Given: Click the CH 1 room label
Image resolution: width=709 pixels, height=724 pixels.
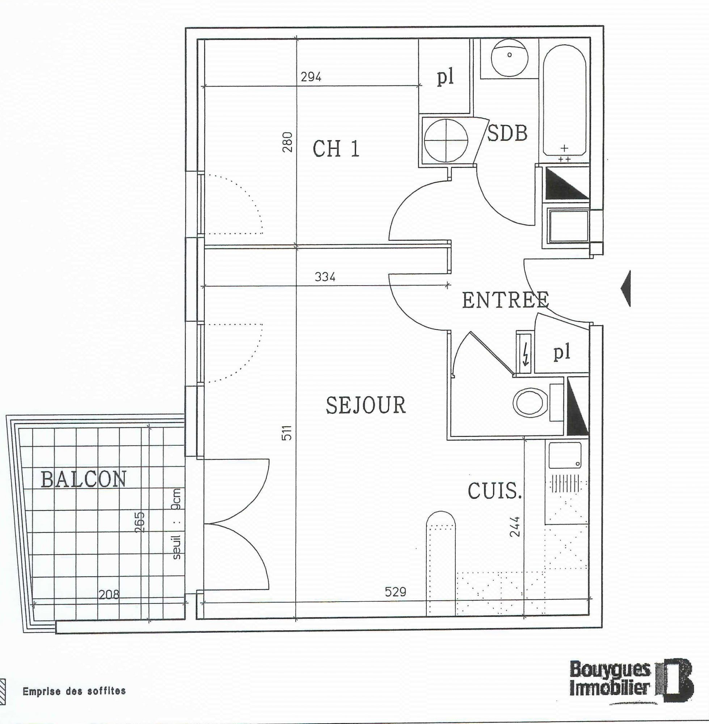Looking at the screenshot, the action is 336,150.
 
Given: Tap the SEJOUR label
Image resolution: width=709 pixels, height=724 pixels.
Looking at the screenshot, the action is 366,405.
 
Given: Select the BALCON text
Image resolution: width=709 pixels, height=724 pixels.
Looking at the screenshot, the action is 83,479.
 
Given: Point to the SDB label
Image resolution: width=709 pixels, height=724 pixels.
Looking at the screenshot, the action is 507,133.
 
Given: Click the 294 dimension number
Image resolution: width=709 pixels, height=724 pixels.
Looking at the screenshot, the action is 311,77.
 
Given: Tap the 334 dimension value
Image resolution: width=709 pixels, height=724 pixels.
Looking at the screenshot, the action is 325,277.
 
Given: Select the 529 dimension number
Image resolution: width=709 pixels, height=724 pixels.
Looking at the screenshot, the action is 396,592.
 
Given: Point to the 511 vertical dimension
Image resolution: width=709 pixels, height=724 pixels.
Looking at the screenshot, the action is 287,432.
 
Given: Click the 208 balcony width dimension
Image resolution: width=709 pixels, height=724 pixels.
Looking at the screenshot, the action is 109,594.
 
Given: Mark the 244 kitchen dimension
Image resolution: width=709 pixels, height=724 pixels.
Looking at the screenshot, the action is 514,526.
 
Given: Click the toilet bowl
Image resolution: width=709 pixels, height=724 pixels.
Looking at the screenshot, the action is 531,403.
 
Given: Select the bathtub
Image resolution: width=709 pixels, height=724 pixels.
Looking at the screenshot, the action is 565,100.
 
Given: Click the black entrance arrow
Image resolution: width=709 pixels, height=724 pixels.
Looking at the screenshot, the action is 626,289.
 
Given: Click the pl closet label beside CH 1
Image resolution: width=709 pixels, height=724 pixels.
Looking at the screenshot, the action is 445,78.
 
